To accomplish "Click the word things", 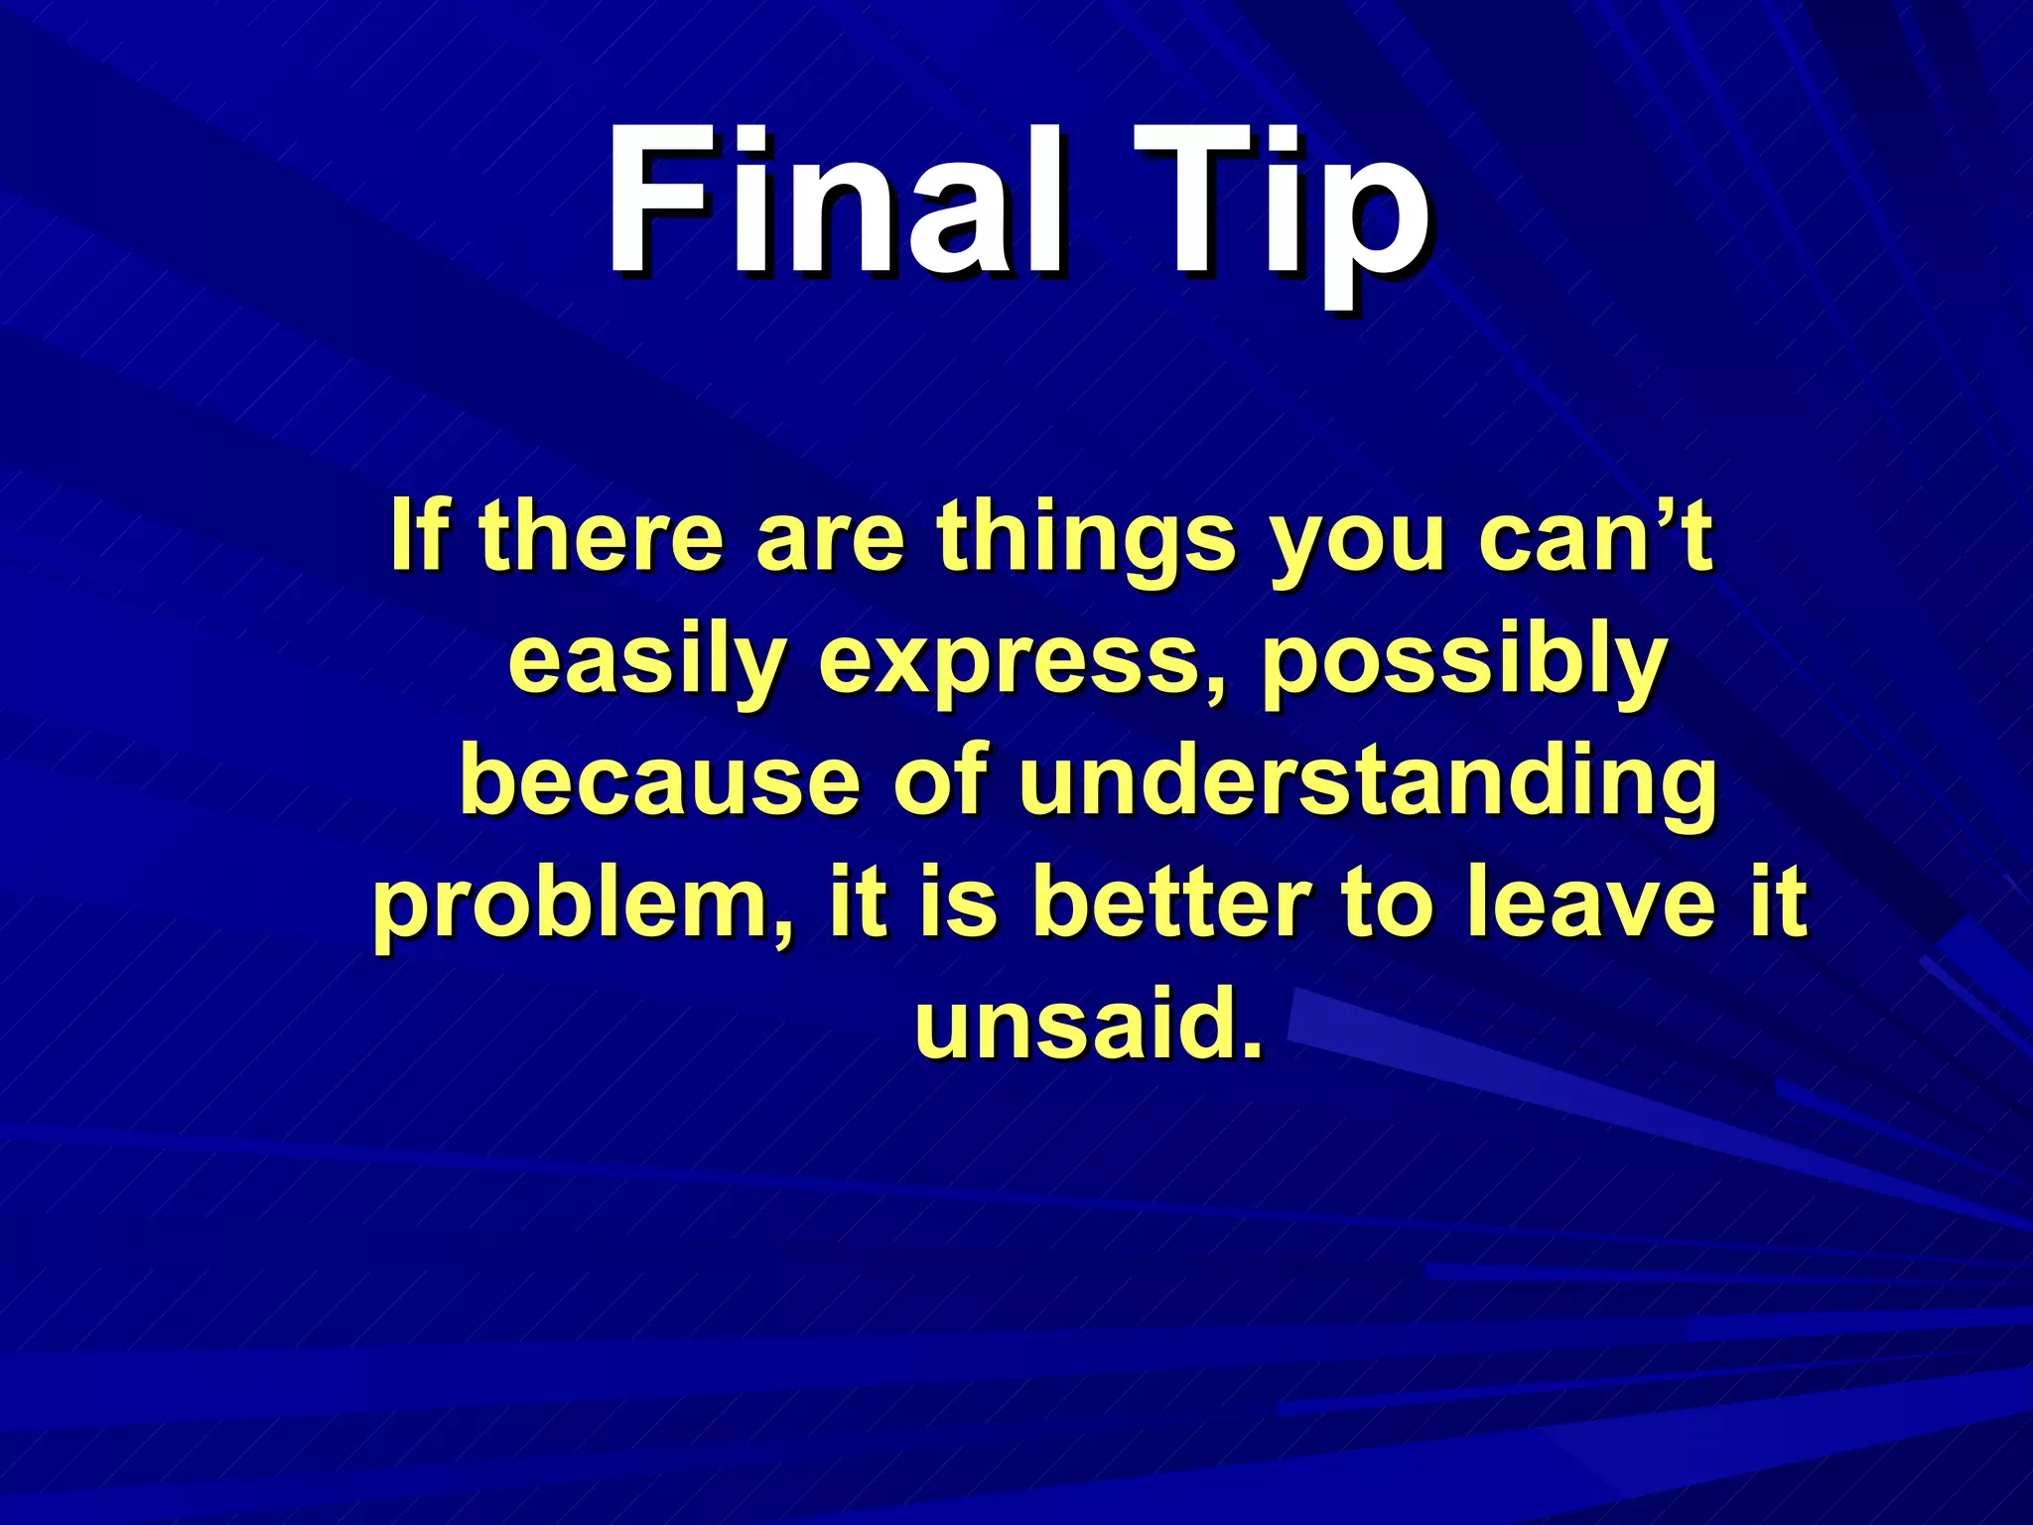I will [1087, 541].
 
